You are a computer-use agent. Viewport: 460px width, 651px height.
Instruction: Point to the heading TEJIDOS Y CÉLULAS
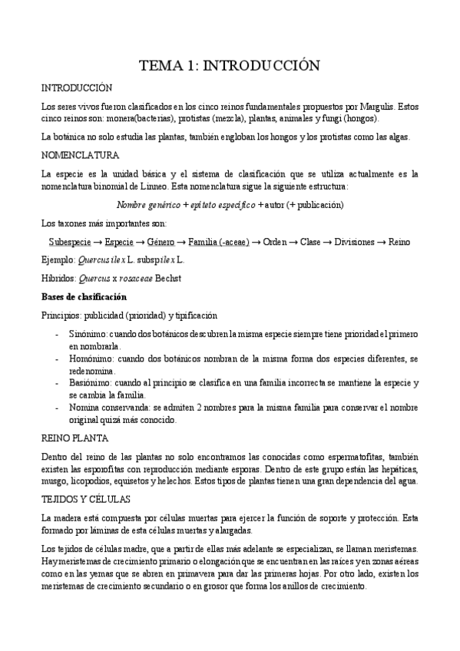(84, 498)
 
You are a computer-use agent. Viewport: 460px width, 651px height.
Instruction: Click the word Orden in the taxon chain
(276, 242)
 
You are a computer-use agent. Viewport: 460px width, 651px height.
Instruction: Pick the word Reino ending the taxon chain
(399, 242)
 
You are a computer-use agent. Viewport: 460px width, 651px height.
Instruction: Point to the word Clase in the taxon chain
(310, 242)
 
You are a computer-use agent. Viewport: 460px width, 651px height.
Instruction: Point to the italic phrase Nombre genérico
(148, 205)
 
